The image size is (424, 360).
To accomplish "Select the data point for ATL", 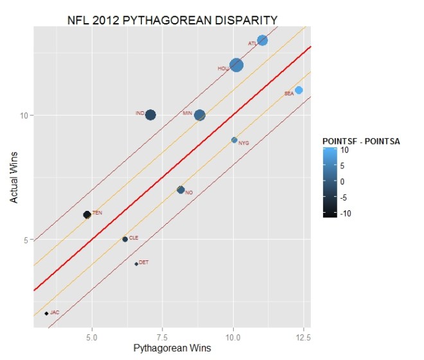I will pyautogui.click(x=262, y=40).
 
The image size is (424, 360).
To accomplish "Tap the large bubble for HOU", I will pyautogui.click(x=236, y=65).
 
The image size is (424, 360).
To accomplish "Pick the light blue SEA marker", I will pyautogui.click(x=299, y=90).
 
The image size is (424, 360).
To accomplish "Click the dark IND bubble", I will pyautogui.click(x=150, y=115).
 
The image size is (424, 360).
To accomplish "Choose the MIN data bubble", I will pyautogui.click(x=200, y=115).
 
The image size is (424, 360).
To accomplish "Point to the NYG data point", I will pyautogui.click(x=234, y=140).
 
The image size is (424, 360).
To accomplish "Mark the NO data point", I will pyautogui.click(x=181, y=190).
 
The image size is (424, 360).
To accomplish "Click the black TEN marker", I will pyautogui.click(x=87, y=215).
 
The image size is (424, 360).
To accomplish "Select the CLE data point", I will pyautogui.click(x=125, y=239).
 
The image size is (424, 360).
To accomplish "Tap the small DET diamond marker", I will pyautogui.click(x=136, y=264).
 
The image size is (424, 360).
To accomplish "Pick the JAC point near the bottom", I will pyautogui.click(x=46, y=313).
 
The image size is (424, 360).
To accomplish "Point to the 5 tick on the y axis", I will pyautogui.click(x=26, y=240).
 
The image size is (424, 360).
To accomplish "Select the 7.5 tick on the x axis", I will pyautogui.click(x=163, y=337).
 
